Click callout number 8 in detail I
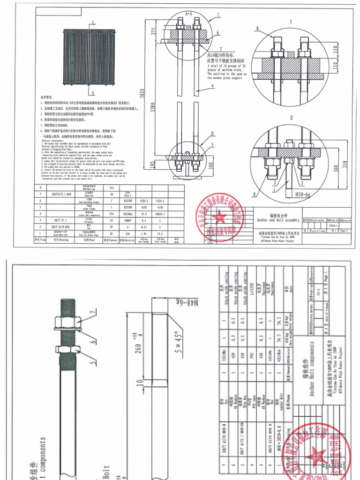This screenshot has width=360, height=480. coord(257,29)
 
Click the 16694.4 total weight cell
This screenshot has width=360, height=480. coord(177,212)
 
